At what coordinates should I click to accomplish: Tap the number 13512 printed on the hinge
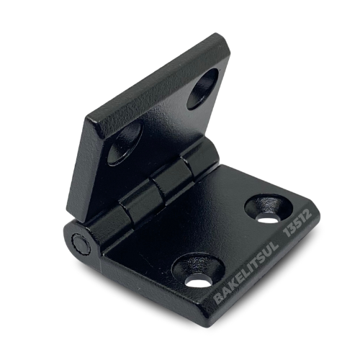pos(298,222)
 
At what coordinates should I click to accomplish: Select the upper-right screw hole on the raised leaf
pos(202,89)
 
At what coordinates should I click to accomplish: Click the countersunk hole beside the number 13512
pos(269,208)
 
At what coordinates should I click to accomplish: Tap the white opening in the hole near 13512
pos(268,218)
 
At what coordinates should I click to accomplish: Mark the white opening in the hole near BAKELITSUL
pos(198,282)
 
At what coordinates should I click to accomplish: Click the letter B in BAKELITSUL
pos(219,297)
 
